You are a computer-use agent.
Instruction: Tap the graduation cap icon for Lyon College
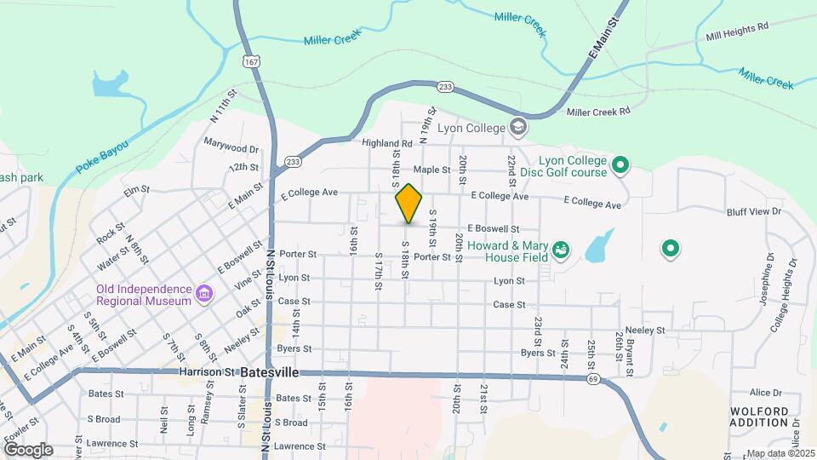(x=517, y=129)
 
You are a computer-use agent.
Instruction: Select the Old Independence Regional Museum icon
(x=204, y=295)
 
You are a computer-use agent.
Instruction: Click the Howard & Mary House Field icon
(x=561, y=250)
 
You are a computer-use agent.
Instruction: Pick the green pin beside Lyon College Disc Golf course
(x=621, y=165)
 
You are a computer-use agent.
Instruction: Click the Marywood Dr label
(x=231, y=149)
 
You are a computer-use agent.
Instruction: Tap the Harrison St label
(x=206, y=372)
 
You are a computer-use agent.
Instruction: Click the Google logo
(x=28, y=449)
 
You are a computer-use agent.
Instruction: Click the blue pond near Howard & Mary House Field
(x=599, y=247)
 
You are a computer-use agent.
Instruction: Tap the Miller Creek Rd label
(x=598, y=112)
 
